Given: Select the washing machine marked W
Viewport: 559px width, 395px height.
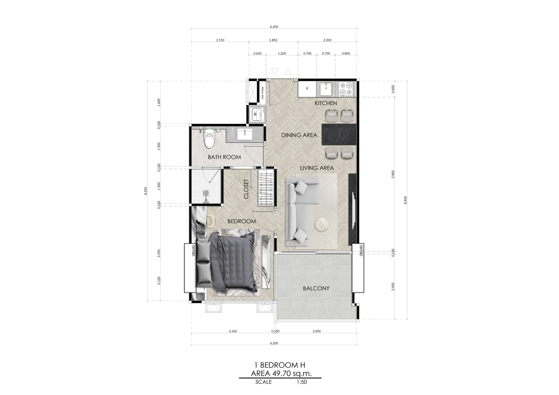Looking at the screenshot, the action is pos(257,114).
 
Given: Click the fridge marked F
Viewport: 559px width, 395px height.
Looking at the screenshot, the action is pos(307,89).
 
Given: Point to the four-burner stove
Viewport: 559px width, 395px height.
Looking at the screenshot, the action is pos(346,89).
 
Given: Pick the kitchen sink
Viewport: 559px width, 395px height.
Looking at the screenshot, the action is pos(326,89).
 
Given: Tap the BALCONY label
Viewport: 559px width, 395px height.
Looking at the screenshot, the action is pos(316,288).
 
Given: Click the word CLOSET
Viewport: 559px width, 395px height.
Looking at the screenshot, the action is pos(246,189).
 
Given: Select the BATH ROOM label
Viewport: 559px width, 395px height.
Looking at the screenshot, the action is pos(224,157).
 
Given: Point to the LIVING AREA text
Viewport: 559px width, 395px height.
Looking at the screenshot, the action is pos(317,168).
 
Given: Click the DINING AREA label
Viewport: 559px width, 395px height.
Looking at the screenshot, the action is pos(299,135).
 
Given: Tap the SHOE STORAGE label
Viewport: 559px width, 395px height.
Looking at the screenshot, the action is pos(262,93).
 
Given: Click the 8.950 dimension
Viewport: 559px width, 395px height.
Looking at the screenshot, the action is pos(406,200).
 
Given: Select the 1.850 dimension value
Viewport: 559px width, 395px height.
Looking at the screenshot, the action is pos(273,40).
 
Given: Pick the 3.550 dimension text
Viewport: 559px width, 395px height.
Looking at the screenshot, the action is pos(159,254).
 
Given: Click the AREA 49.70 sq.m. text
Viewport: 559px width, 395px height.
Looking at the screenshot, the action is pos(281,373).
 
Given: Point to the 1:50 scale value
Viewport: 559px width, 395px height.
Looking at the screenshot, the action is pos(302,382).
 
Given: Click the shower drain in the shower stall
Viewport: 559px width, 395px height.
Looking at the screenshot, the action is pos(206,192).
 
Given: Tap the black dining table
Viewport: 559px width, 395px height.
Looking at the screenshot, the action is pos(339,134).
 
